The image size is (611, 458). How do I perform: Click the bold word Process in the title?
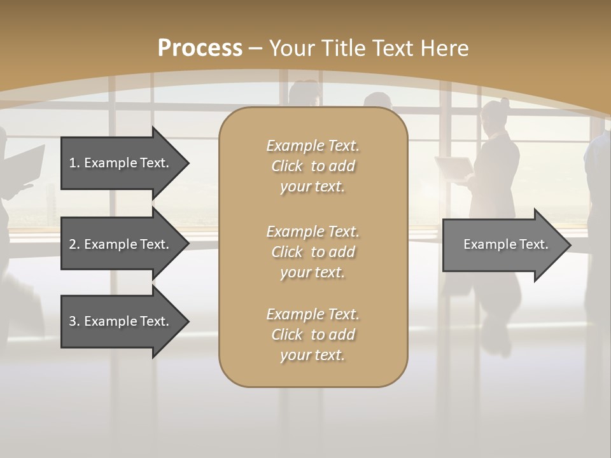[200, 48]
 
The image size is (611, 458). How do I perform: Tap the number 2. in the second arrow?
[74, 244]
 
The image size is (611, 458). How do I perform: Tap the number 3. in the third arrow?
[74, 321]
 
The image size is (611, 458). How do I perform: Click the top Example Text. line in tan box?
[313, 146]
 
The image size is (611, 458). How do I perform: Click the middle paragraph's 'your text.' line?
[313, 272]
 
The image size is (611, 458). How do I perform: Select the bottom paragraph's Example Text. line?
[313, 314]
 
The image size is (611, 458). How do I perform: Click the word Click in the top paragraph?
[287, 166]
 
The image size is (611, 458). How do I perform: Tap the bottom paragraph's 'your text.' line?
[313, 356]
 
